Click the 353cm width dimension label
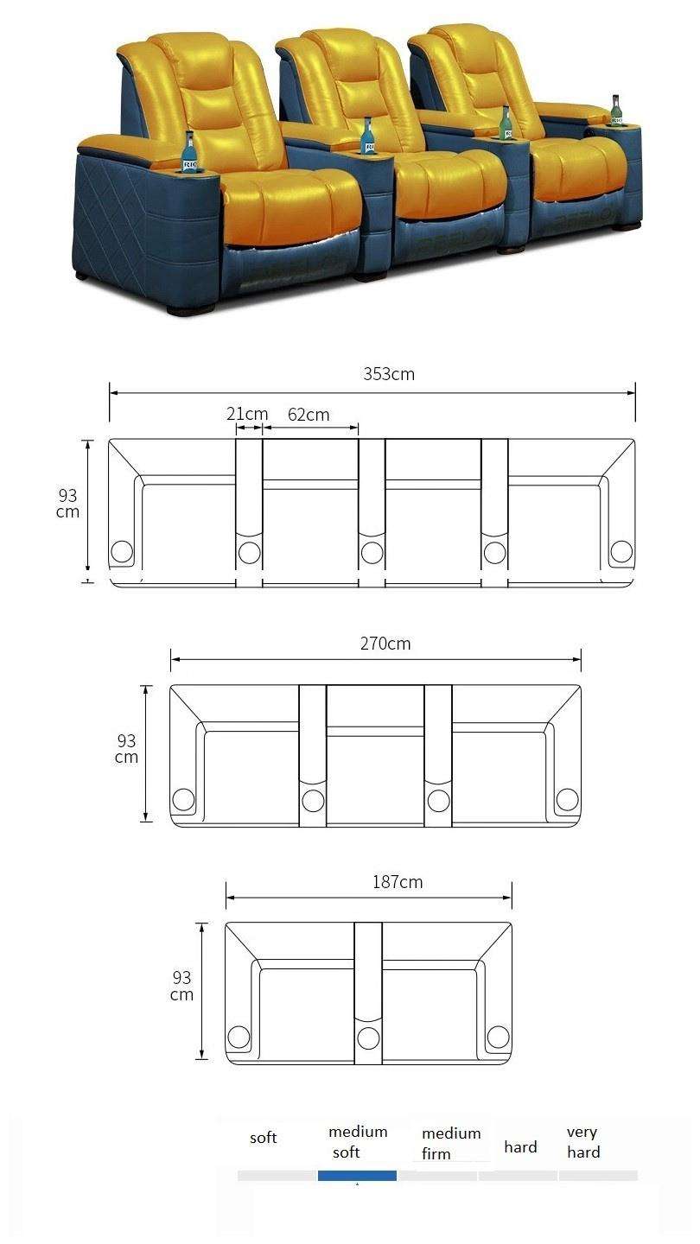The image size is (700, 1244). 389,374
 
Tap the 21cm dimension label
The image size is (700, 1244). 247,414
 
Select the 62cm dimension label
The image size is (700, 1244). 309,415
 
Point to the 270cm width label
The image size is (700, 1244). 385,643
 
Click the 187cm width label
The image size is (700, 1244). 398,882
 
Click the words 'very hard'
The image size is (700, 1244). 583,1142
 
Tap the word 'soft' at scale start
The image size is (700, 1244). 263,1138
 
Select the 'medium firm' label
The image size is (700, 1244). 451,1143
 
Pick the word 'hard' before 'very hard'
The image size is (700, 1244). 520,1147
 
